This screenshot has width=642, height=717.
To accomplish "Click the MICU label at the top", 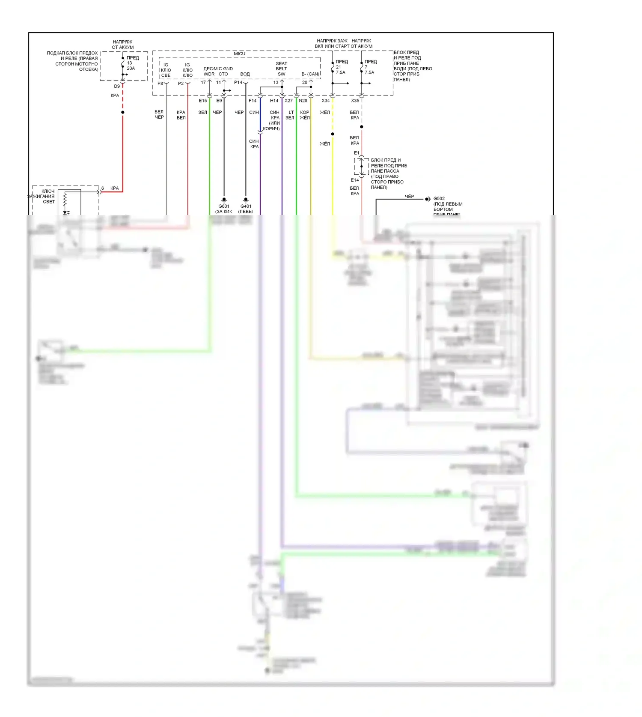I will click(x=239, y=54).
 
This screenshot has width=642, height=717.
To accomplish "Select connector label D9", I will click(x=117, y=87).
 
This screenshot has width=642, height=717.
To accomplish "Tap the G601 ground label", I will click(x=223, y=206).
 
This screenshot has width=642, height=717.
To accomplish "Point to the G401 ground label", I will click(x=246, y=206).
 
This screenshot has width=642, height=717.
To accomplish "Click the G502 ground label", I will click(x=439, y=199).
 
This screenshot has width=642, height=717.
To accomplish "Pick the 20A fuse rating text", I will click(x=131, y=69).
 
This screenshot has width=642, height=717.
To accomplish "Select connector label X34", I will click(x=326, y=101).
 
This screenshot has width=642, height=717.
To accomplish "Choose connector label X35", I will click(x=355, y=101).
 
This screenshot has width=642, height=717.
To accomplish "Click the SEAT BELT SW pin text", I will click(x=281, y=69).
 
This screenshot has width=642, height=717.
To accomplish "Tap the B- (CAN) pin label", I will click(x=310, y=74).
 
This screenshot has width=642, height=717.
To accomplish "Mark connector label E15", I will click(x=203, y=101).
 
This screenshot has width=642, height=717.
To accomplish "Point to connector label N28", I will click(x=303, y=101).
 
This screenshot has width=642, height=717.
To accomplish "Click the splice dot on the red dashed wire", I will click(x=123, y=112).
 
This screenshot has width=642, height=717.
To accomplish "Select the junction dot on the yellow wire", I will click(x=333, y=134).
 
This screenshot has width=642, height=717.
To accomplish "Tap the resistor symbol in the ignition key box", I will click(x=65, y=199).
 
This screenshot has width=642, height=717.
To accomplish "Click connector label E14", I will click(x=355, y=180).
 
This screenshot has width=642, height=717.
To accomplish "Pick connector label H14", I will click(x=274, y=101).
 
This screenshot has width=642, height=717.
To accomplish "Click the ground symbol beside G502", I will click(x=427, y=199).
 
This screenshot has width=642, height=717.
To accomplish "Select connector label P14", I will click(x=238, y=82).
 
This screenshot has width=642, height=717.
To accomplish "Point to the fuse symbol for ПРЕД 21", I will click(x=333, y=67).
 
